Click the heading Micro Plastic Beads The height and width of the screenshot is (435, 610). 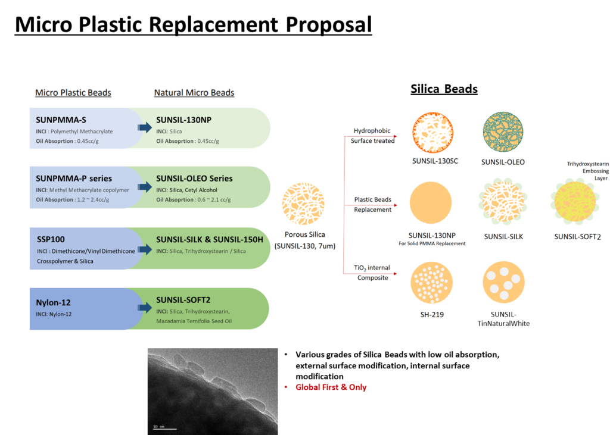pos(73,93)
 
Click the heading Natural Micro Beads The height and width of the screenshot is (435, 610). pos(194,93)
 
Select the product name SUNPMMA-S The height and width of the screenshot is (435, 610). pos(61,120)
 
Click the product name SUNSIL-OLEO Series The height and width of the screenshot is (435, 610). pos(194,178)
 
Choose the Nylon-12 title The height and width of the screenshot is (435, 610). pos(54,302)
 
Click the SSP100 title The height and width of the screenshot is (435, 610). pos(51,239)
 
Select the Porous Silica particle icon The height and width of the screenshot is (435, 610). pos(303,204)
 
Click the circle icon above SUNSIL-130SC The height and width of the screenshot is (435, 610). pos(433,133)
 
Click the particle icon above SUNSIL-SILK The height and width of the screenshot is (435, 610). pos(503,204)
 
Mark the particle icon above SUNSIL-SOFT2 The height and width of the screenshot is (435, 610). pos(577,204)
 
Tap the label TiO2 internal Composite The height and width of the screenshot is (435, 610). pos(372,273)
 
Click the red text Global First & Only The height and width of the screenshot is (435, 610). pos(331,387)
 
